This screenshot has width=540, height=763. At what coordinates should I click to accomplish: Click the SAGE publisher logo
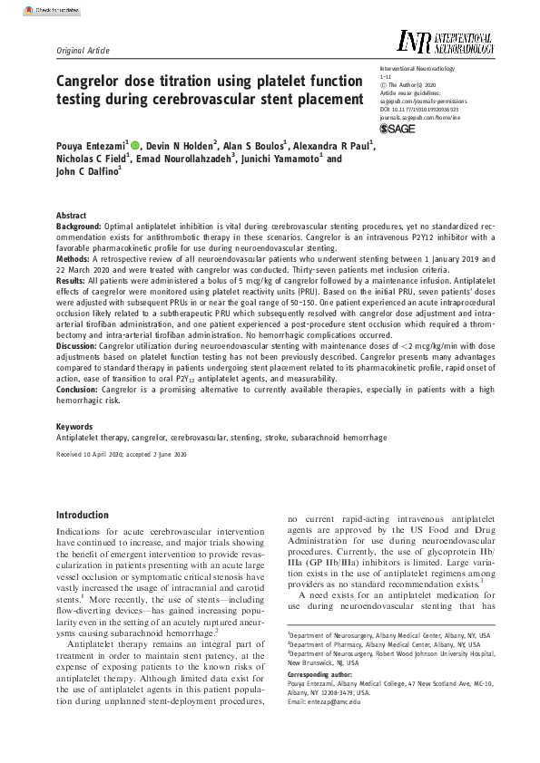397,130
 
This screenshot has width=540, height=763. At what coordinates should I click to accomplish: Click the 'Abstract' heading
73,215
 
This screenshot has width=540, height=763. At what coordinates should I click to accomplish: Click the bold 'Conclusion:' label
79,388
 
